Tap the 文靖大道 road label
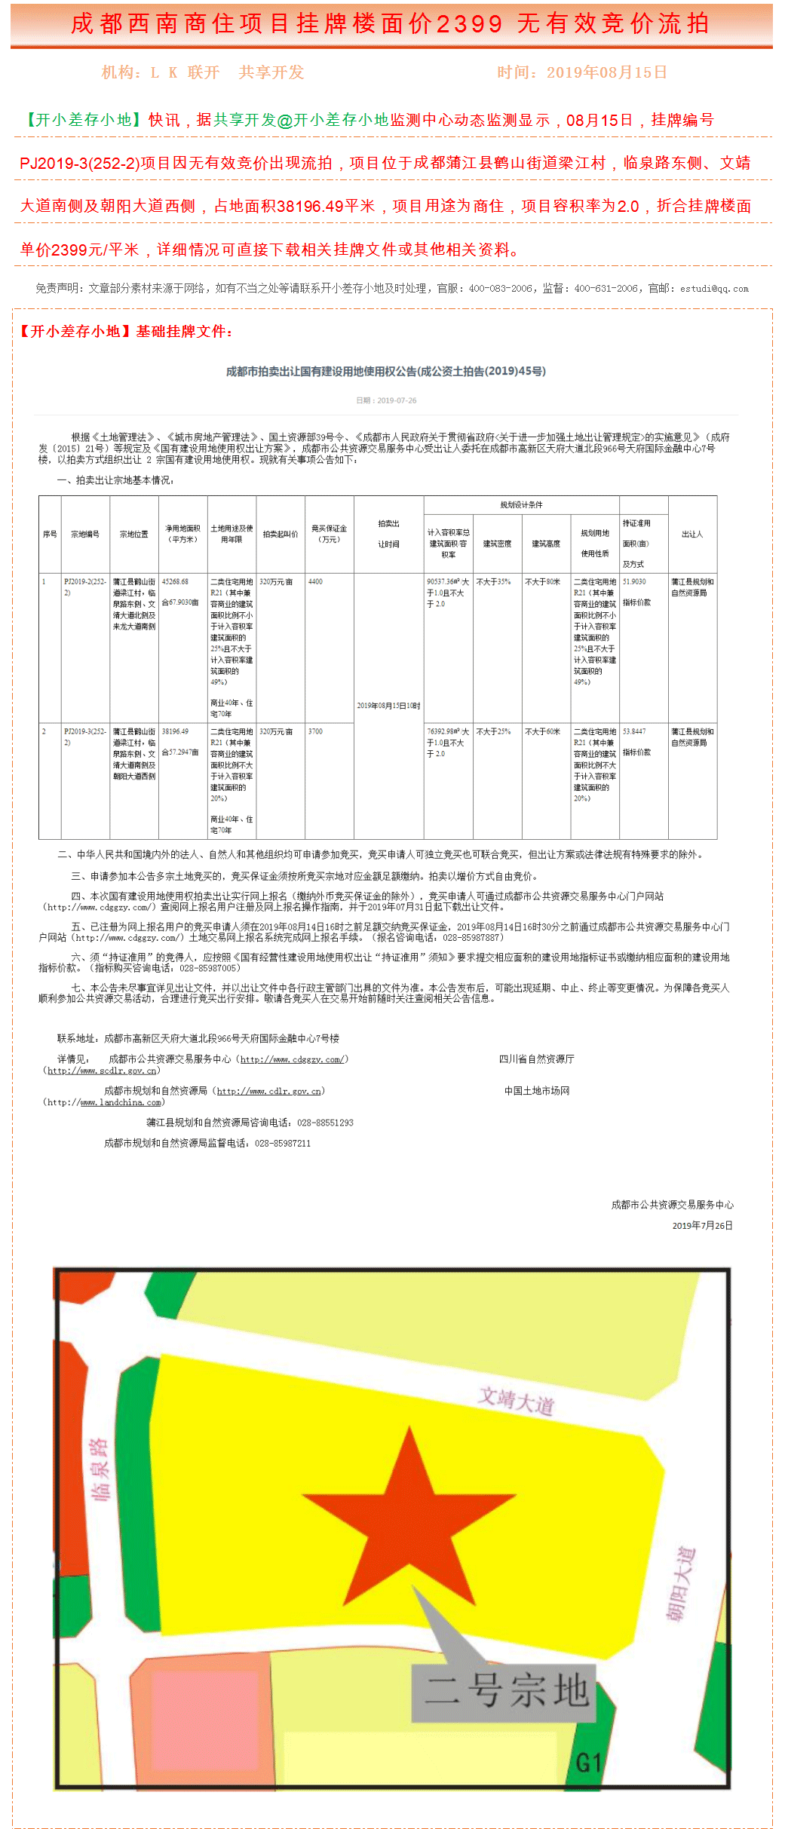click(517, 1401)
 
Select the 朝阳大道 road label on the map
click(681, 1584)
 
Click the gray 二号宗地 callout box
click(504, 1692)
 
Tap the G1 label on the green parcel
click(589, 1762)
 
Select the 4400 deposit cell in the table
click(316, 581)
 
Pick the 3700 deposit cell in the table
click(316, 731)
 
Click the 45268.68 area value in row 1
click(176, 581)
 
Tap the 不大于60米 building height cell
click(542, 731)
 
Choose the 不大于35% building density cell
click(493, 581)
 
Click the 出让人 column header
click(691, 534)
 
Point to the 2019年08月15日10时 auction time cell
click(388, 706)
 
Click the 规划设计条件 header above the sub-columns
click(521, 504)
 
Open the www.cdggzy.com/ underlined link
click(293, 1059)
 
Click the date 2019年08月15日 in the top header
click(606, 72)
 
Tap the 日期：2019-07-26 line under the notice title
click(386, 400)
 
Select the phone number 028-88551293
click(325, 1123)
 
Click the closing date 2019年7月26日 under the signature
click(702, 1225)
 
